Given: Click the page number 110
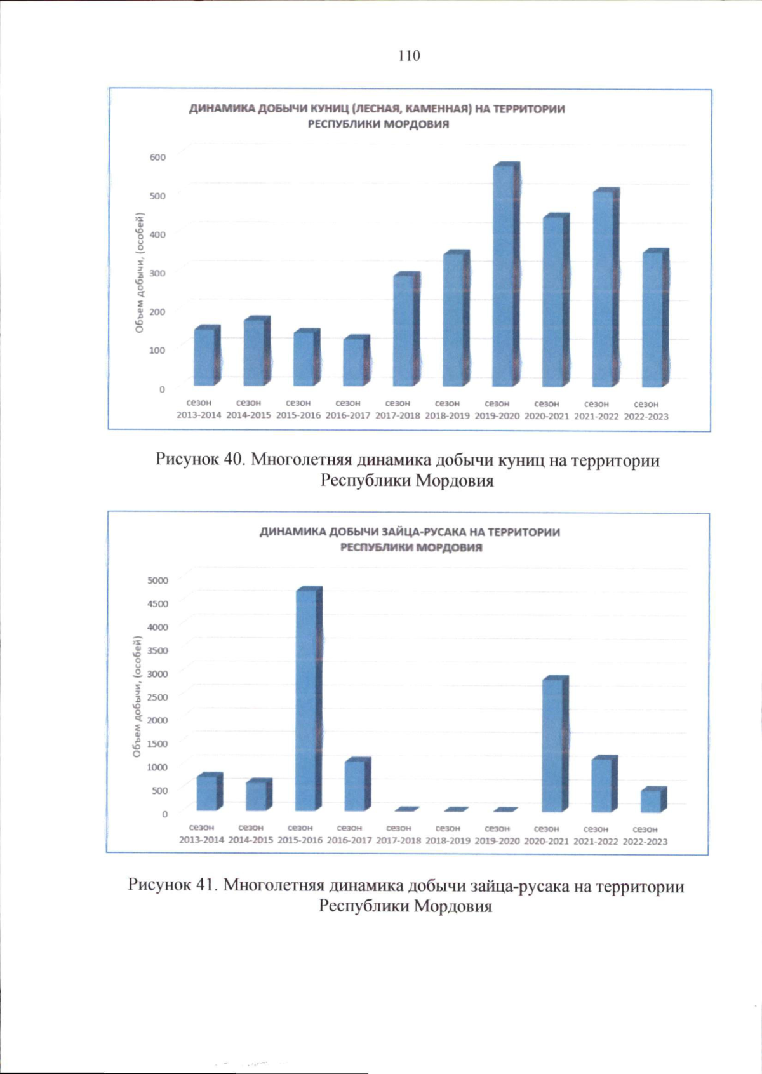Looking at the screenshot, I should tap(409, 56).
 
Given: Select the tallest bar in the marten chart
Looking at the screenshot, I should tap(505, 276).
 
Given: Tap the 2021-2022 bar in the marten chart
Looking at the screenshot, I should tap(605, 289).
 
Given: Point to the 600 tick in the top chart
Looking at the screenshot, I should tap(157, 157).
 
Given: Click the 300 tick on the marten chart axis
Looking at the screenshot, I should tap(157, 273).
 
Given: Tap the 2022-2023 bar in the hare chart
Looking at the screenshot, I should tap(652, 800).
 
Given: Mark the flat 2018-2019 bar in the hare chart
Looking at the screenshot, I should tap(456, 810).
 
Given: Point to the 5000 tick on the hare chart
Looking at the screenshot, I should tap(158, 580).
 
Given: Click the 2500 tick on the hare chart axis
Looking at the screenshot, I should tap(158, 697).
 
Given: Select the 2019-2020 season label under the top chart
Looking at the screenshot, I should tap(497, 410).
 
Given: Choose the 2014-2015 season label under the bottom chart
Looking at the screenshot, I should tap(251, 834).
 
